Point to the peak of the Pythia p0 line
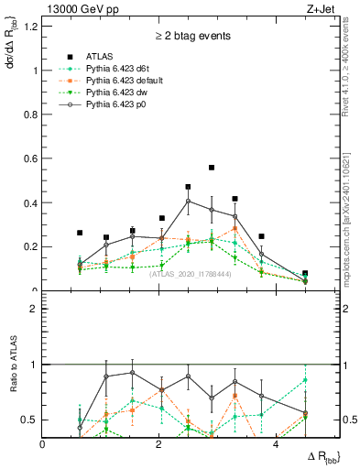click(188, 201)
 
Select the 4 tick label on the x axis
click(276, 444)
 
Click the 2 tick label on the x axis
click(159, 444)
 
